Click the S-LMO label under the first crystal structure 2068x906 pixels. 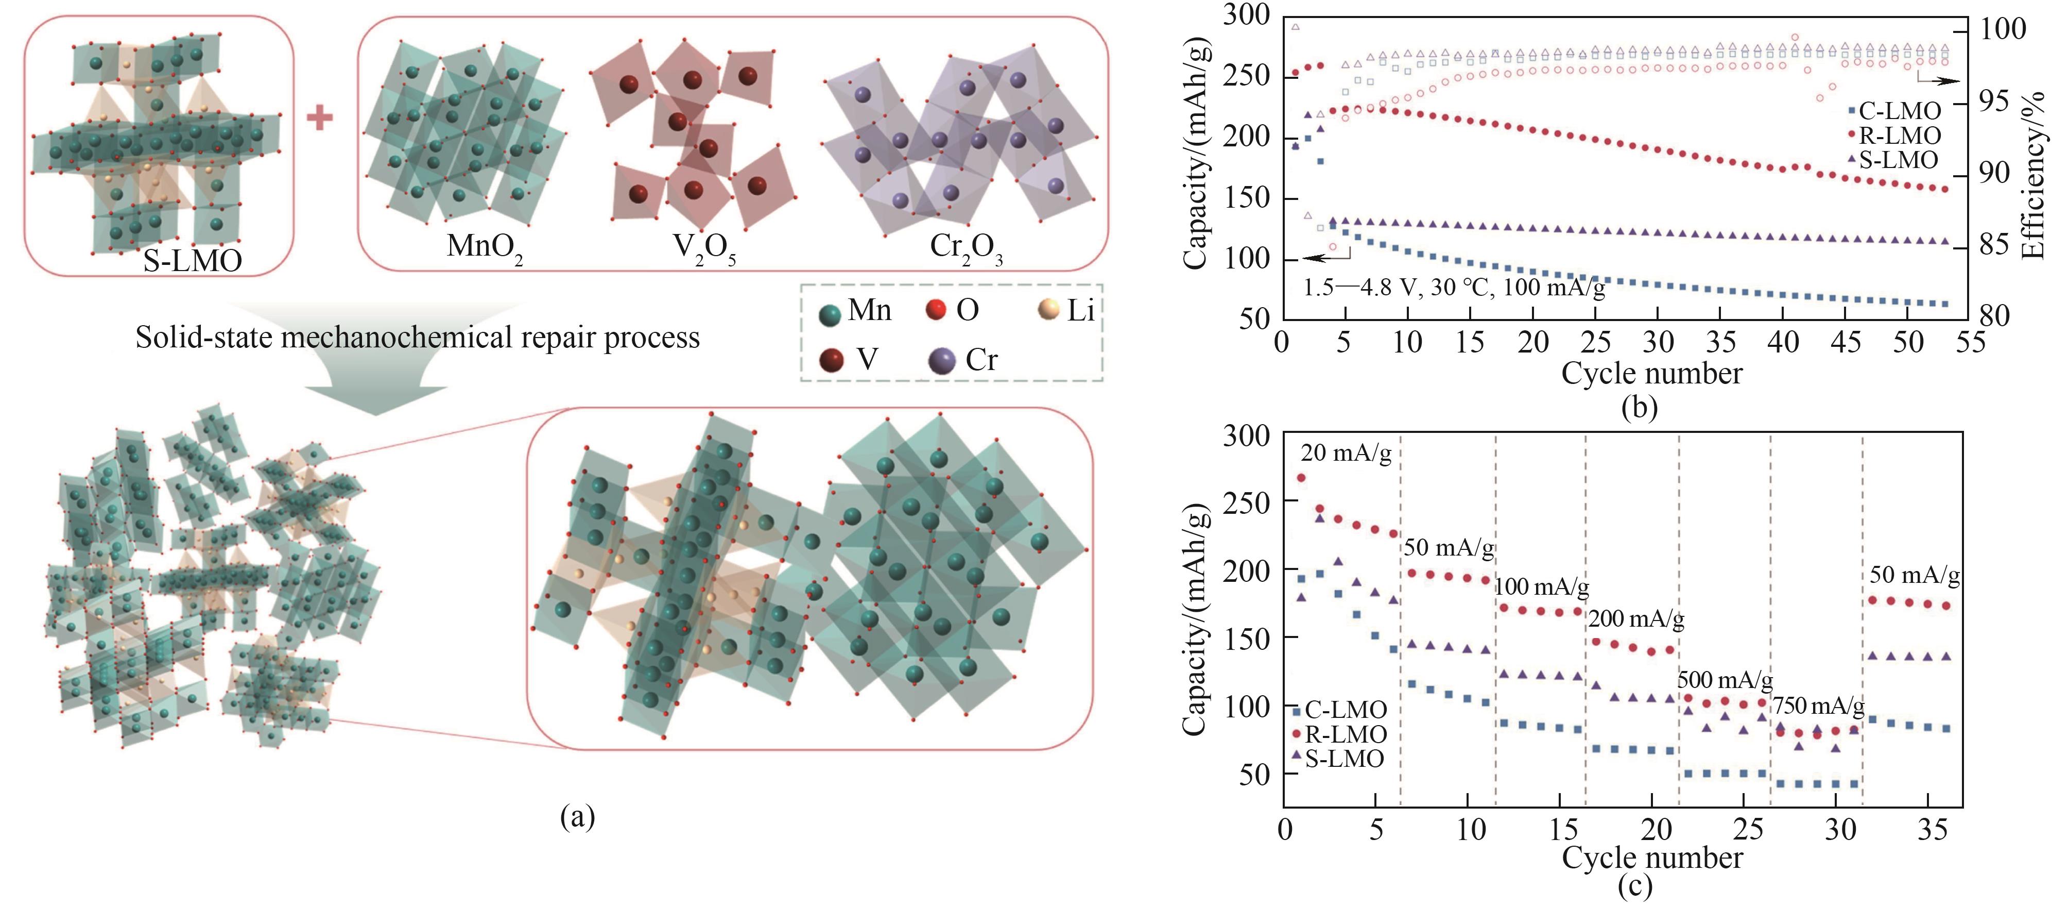coord(193,259)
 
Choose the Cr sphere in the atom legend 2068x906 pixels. coord(942,361)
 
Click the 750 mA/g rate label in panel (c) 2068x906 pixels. coord(1818,706)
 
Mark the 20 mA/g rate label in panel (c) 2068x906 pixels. coord(1346,453)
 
